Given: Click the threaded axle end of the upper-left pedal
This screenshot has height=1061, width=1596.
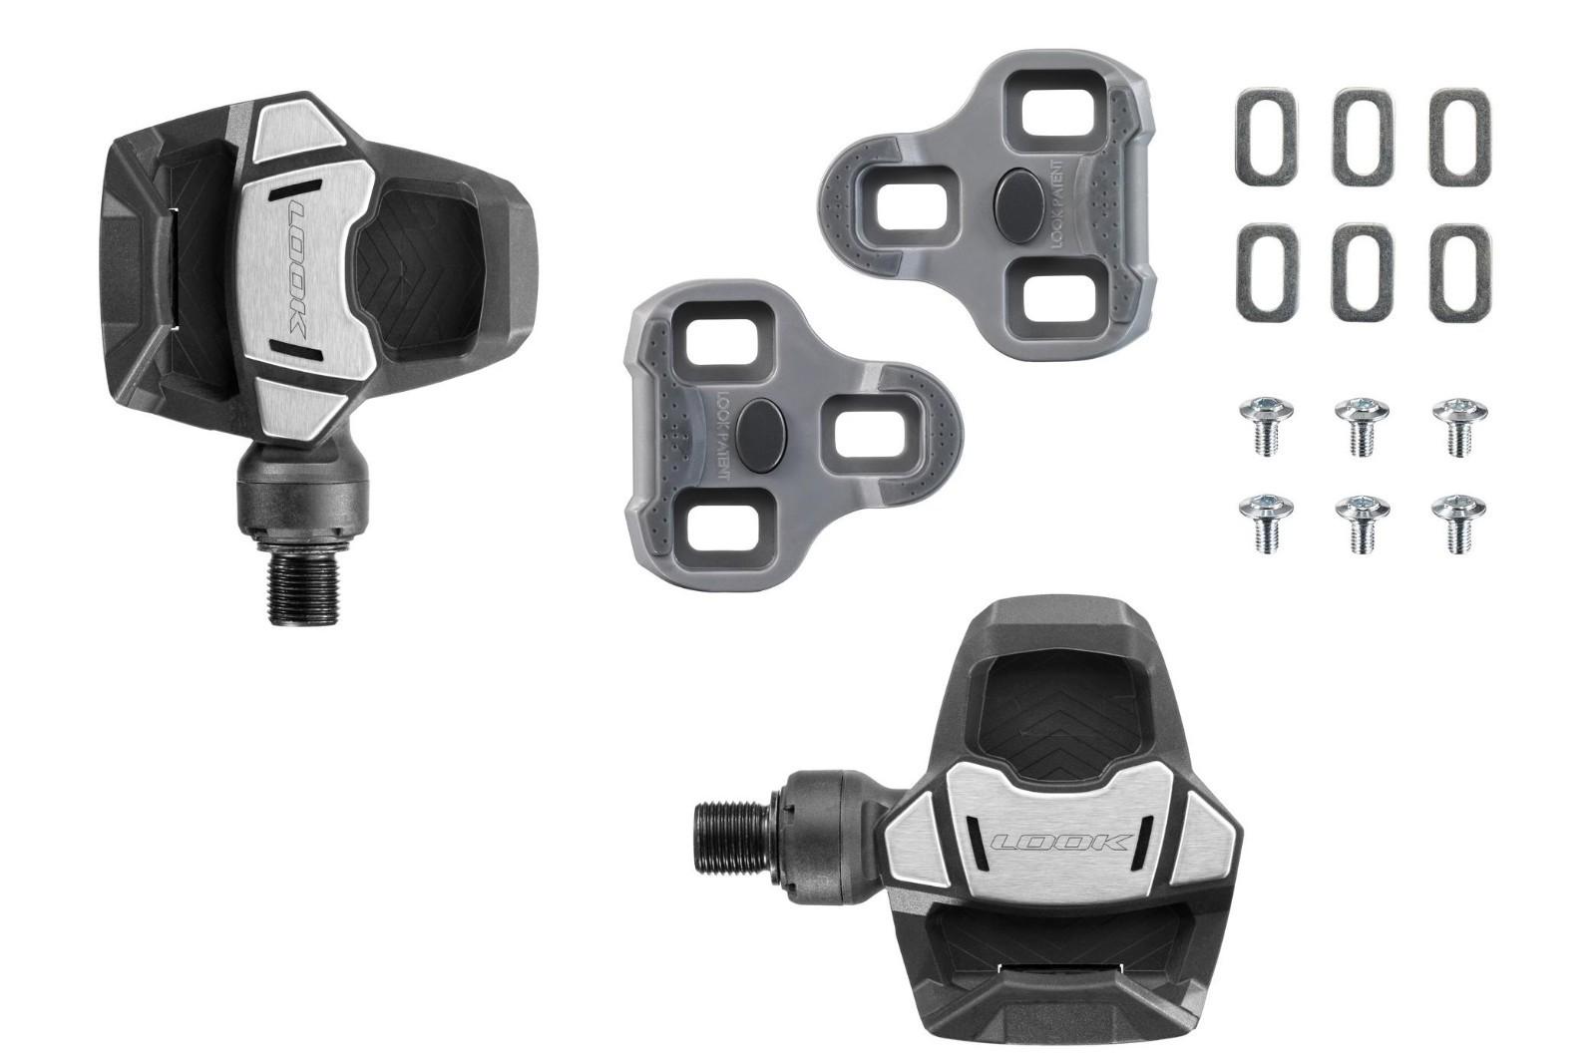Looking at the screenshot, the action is coord(306,589).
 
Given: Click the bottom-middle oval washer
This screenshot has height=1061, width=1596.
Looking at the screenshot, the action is coord(1362,272).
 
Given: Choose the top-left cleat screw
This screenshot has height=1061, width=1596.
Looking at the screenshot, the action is coord(1266,425).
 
